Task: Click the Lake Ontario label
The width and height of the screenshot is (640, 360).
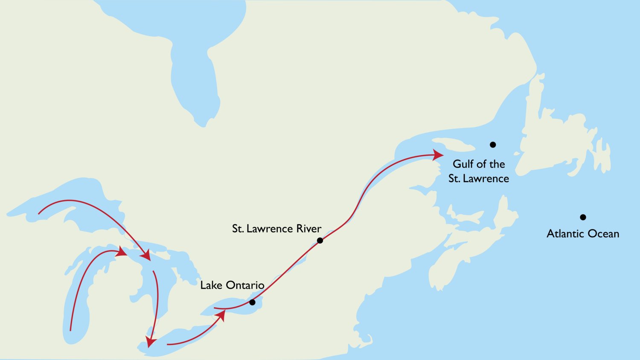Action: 232,285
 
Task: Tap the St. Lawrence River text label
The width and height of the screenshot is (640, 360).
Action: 276,229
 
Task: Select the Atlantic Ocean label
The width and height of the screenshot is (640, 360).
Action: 583,234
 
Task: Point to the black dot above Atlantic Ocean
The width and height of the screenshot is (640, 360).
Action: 583,217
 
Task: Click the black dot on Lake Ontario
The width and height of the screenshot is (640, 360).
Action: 252,302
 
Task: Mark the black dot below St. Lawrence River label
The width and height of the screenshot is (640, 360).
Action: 320,241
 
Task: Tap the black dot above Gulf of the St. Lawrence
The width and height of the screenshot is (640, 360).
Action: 493,145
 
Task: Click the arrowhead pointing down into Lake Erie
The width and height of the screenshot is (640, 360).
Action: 150,342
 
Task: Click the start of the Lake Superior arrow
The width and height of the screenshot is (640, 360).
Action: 39,213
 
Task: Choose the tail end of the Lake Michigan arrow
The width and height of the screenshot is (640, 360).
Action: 70,331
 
